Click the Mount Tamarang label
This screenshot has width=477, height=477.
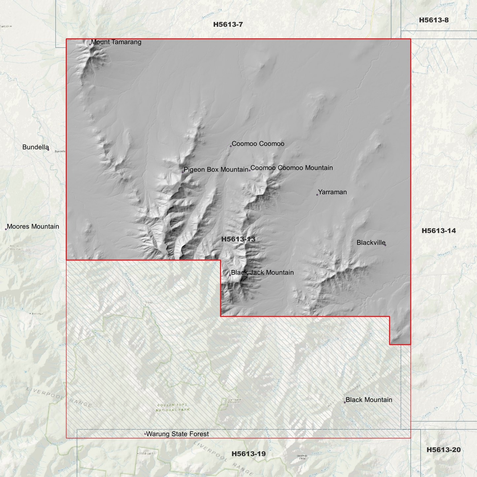116,42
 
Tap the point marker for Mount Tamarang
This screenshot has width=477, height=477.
90,44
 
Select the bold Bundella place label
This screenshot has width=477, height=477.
35,147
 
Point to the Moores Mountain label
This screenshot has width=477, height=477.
33,226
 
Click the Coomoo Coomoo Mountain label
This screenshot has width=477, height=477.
291,168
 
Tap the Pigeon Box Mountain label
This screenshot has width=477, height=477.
216,170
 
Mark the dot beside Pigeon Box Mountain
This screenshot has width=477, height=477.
183,172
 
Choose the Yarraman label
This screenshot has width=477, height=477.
332,192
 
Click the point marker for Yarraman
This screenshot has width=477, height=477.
317,195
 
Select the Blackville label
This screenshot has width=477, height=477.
371,243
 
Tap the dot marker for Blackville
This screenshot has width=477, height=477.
385,245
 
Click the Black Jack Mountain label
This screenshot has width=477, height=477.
262,273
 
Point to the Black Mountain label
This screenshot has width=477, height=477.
369,400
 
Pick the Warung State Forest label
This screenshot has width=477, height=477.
177,434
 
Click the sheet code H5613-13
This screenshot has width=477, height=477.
238,239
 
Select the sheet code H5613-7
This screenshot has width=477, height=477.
228,24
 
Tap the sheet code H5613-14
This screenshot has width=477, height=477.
438,231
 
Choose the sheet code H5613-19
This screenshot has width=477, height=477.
248,454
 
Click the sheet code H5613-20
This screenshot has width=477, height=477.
443,450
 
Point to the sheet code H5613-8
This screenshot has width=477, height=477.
433,20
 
